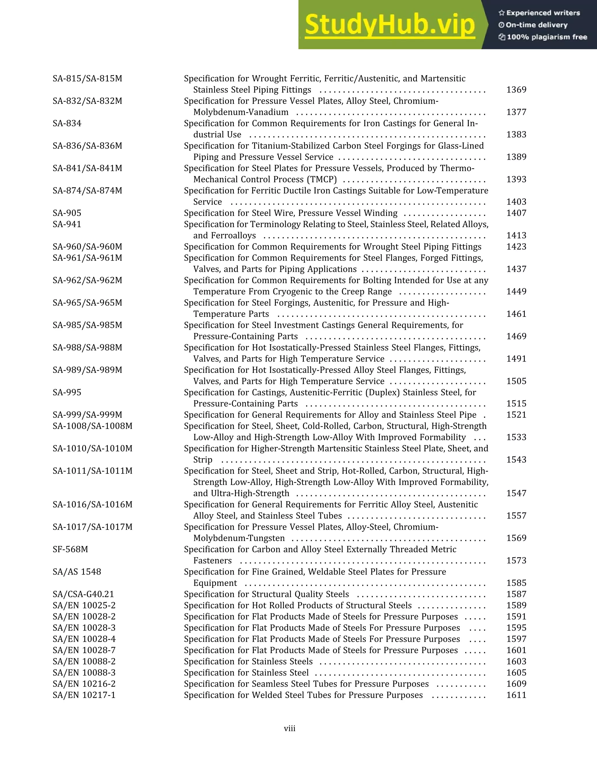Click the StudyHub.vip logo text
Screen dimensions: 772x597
(389, 25)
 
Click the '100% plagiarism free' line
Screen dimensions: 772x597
(547, 37)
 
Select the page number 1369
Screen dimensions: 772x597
(516, 90)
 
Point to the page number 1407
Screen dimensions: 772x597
(516, 213)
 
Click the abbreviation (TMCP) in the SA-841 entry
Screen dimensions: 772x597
(322, 179)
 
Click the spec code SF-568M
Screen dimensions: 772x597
(70, 549)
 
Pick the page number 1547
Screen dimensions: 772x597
(516, 493)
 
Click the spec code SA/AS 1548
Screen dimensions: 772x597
(77, 572)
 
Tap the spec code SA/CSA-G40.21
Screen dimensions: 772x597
(83, 594)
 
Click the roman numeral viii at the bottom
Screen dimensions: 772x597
(290, 729)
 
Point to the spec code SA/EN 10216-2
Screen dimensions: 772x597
(84, 684)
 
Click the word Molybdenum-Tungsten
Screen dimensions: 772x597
(239, 538)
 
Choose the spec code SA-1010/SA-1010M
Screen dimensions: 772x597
(92, 449)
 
